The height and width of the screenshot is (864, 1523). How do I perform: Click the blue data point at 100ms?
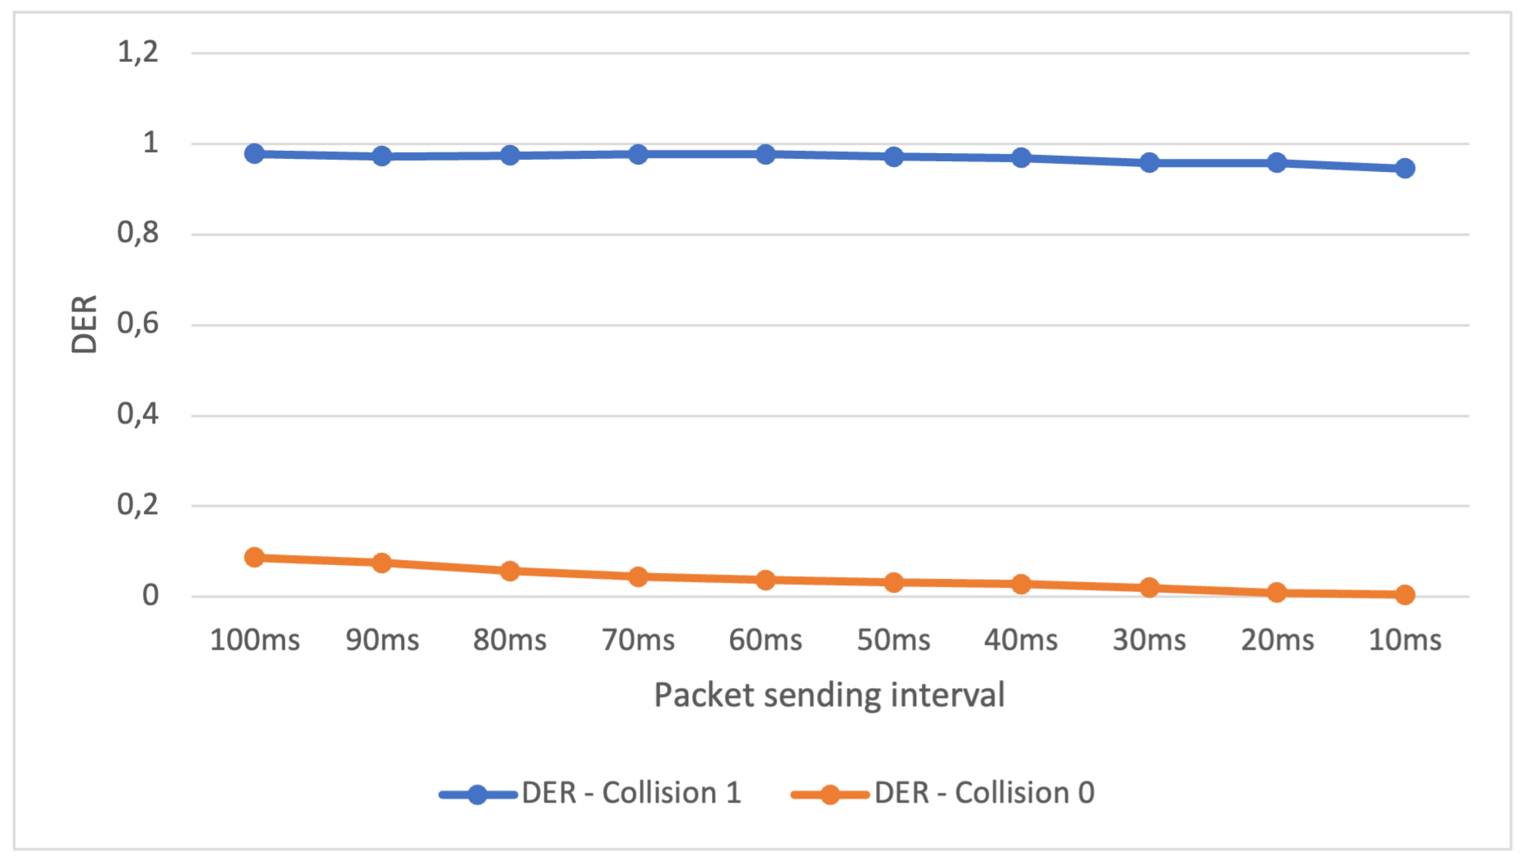click(255, 154)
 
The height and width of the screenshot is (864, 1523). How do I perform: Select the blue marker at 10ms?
click(1405, 169)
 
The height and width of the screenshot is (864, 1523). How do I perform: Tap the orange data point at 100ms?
click(255, 557)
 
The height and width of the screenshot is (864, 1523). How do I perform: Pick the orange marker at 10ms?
click(1405, 595)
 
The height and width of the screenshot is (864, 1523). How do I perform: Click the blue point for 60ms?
click(766, 154)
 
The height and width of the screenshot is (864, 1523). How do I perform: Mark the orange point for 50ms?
click(894, 582)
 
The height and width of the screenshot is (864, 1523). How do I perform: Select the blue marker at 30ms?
click(1149, 163)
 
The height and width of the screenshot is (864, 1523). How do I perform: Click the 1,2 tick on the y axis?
click(138, 52)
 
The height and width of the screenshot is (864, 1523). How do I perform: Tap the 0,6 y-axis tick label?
click(138, 324)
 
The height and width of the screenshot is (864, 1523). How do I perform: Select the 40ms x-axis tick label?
click(1020, 640)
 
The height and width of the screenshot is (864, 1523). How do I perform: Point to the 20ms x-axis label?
click(1278, 640)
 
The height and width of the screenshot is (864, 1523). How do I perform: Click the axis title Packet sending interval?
click(829, 695)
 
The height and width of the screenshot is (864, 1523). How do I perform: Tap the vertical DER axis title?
click(84, 325)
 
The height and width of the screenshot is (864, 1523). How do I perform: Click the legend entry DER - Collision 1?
click(631, 793)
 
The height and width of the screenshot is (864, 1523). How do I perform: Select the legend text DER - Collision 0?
click(984, 793)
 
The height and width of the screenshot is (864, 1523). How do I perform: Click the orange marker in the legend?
click(830, 794)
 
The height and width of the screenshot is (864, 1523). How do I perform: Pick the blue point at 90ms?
click(382, 156)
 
